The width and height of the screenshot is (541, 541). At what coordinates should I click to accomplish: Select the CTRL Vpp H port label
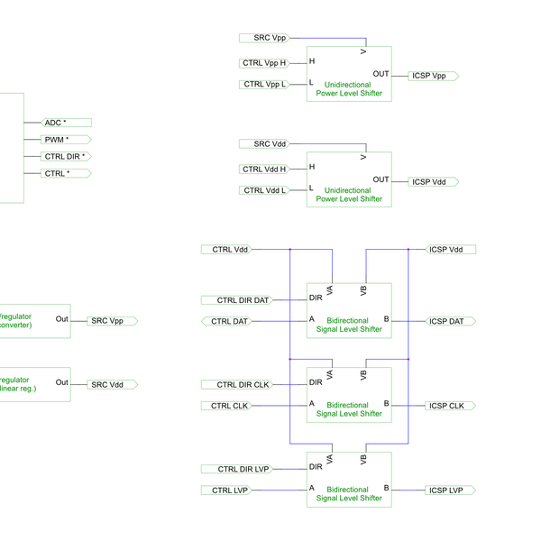264,63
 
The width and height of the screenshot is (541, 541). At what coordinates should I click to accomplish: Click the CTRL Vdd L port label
264,190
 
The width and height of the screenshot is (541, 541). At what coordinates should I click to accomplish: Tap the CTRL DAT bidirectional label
231,321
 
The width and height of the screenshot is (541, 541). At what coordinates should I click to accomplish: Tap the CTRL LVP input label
230,491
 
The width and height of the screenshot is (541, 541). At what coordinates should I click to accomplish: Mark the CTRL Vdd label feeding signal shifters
230,249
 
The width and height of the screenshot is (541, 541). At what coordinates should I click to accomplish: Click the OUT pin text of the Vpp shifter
381,74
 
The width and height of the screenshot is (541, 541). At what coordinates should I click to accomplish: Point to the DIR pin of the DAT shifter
316,298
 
